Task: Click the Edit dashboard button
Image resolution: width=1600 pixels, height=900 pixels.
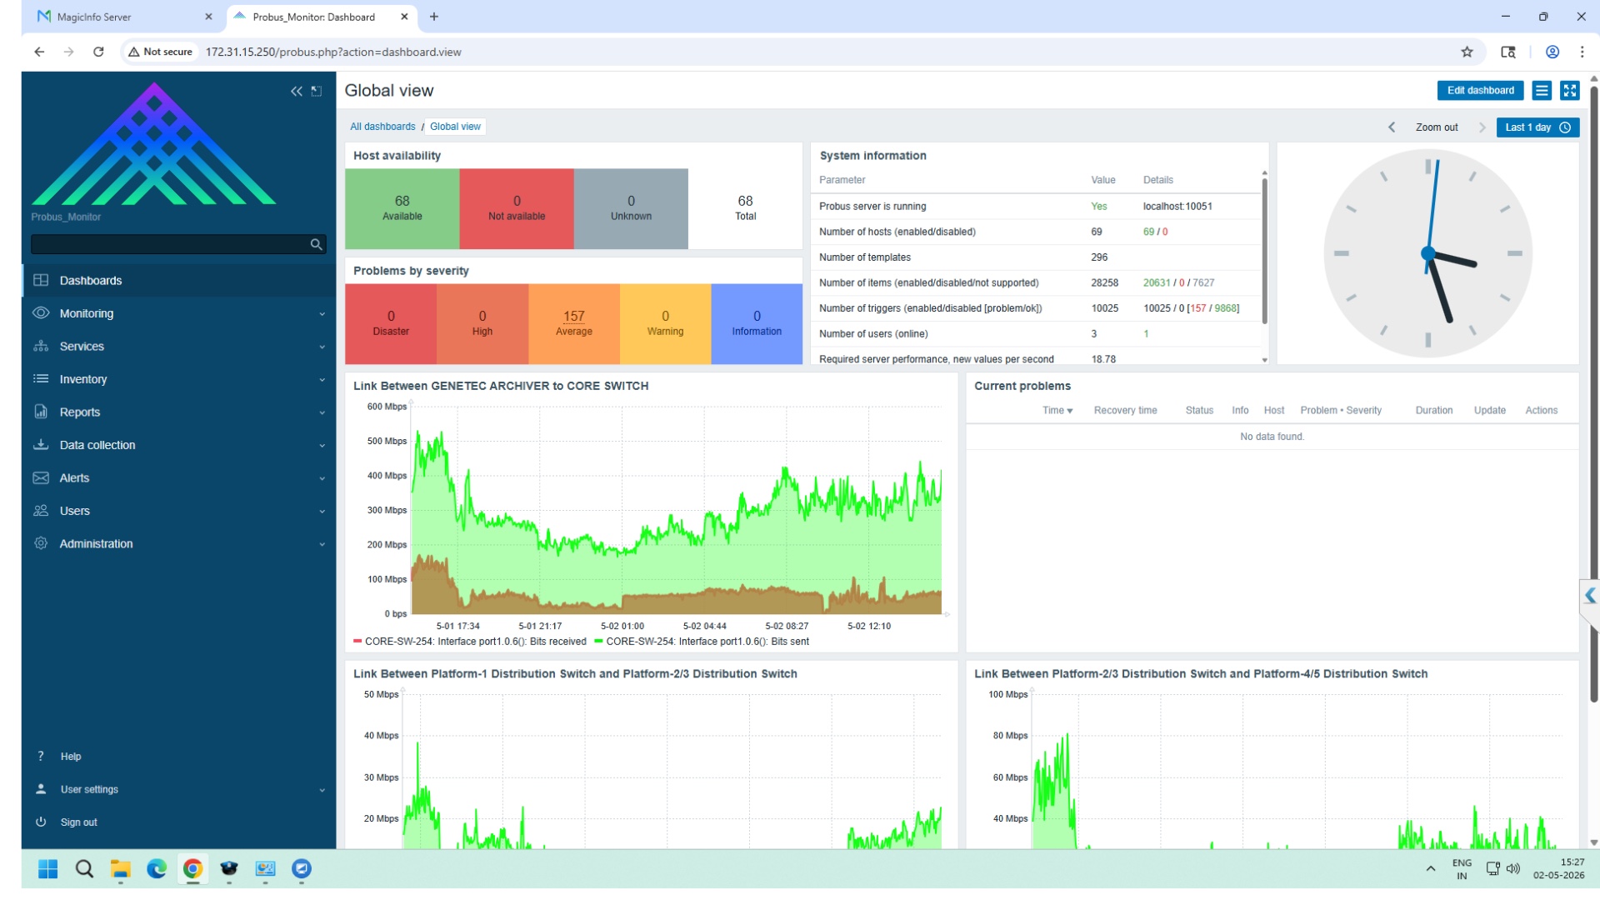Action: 1480,91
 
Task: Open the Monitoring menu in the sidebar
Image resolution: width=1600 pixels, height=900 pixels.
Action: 86,313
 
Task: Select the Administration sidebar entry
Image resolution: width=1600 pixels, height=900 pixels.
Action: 96,543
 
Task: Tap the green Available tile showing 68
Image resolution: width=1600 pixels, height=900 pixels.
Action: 402,208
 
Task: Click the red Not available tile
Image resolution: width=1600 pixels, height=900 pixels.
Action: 517,208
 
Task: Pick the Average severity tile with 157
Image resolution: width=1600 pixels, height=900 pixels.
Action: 574,323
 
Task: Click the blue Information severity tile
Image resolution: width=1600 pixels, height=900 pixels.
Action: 757,323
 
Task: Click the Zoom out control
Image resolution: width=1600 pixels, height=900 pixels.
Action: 1437,127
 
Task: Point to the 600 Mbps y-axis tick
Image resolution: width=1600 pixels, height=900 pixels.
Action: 387,407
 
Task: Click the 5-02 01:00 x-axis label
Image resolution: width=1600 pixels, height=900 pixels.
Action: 622,626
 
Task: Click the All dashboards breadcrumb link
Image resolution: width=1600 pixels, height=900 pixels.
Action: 382,127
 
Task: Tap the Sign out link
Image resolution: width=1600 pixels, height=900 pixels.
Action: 78,822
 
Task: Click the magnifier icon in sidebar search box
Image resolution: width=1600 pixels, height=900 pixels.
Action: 316,244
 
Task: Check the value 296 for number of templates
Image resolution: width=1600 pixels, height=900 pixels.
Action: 1099,257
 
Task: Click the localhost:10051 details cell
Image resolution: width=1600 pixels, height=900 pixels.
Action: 1177,207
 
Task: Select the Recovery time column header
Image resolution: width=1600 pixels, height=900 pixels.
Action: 1125,410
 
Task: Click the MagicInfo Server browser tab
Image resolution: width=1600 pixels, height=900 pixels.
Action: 93,17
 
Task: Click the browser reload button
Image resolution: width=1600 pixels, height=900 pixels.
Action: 98,52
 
